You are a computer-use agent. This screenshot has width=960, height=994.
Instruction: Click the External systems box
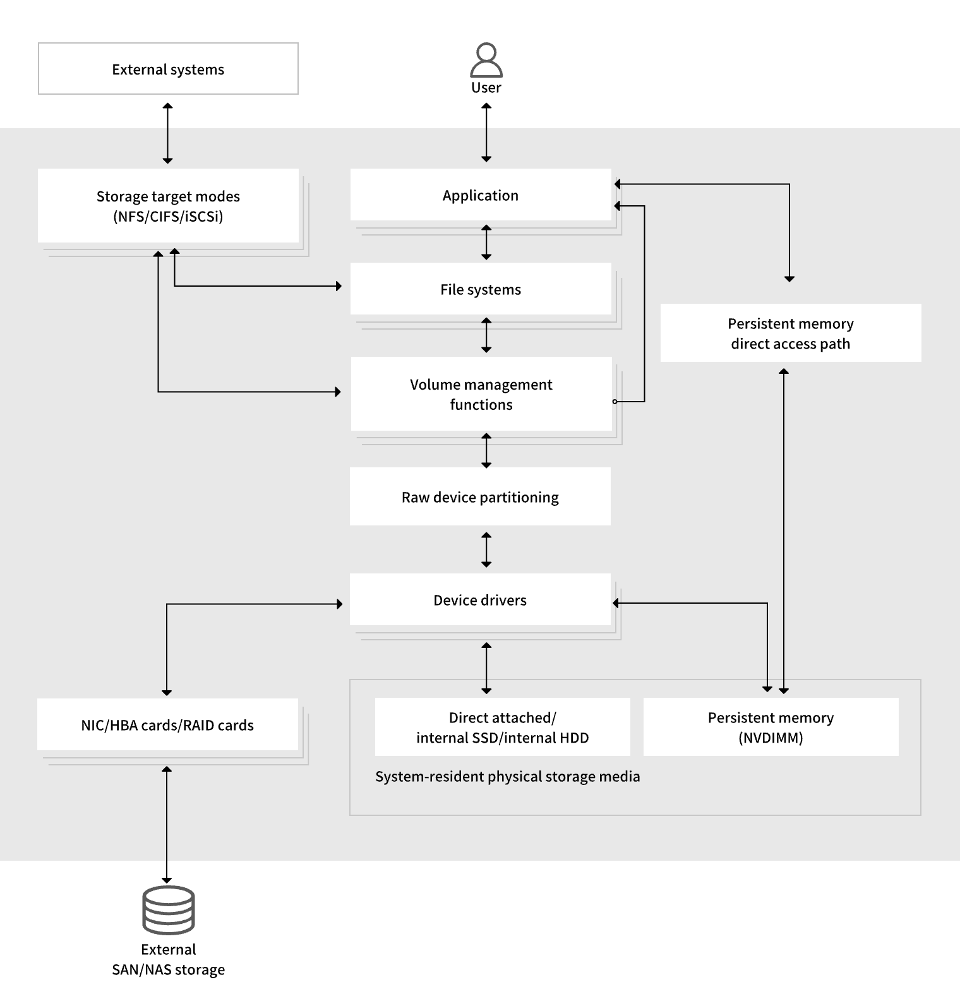coord(168,69)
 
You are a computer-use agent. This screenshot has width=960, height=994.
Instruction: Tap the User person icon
coord(486,60)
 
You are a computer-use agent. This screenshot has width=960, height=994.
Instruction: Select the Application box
coord(481,195)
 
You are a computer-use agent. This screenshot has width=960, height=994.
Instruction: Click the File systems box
coord(481,289)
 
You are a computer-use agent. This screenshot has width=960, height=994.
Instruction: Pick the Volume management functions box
coord(481,394)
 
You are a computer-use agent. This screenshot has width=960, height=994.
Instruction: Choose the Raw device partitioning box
coord(480,497)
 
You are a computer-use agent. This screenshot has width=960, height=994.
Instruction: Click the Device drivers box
coord(480,600)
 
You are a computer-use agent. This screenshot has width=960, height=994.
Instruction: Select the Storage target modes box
coord(168,206)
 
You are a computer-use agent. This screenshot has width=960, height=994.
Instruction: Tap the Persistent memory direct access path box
coord(790,333)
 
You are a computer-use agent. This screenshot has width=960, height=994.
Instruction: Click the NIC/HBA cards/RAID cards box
coord(167,725)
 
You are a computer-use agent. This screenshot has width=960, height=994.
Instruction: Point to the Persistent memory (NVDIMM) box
coord(771,727)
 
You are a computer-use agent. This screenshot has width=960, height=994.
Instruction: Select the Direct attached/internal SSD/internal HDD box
coord(502,727)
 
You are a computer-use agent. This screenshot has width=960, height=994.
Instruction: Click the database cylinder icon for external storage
coord(169,909)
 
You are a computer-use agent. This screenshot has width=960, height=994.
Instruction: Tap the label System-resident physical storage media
coord(507,776)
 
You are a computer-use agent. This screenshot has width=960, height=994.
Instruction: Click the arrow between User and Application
coord(486,133)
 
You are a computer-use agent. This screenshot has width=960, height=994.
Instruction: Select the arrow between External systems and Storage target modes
coord(167,133)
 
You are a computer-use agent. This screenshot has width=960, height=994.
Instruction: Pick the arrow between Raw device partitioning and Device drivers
coord(486,549)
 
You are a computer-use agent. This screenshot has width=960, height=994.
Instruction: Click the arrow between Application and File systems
coord(486,242)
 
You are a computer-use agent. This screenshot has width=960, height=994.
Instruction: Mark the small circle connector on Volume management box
coord(615,402)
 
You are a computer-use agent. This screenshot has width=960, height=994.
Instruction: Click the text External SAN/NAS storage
coord(169,959)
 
